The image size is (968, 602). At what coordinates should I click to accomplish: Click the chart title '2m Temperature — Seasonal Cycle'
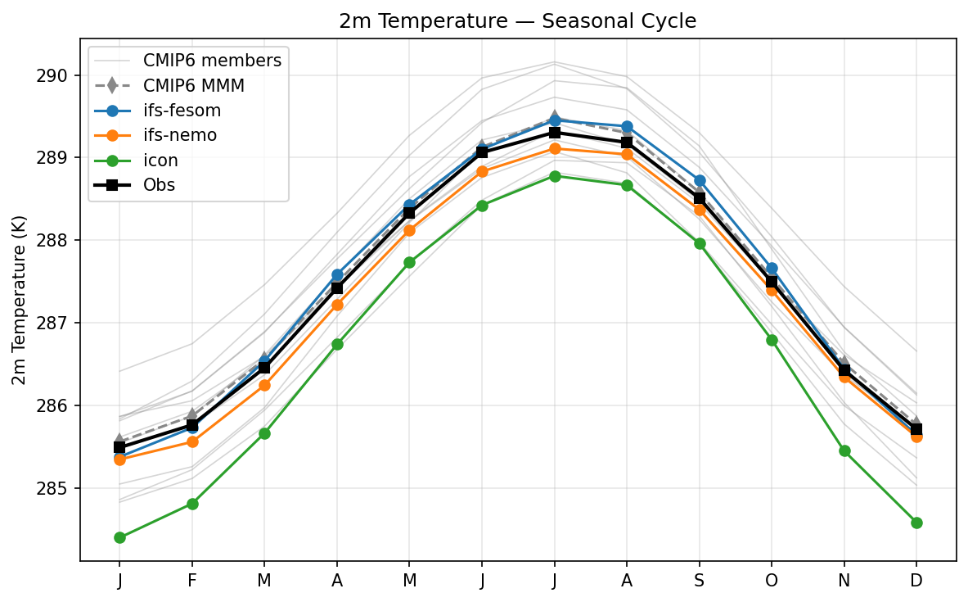(517, 21)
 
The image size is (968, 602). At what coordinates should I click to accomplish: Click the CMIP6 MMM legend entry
(193, 84)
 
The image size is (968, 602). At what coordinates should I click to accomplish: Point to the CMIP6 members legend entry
(212, 60)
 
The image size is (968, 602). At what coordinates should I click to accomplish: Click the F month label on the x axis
(192, 581)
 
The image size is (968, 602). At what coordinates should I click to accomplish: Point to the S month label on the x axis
(700, 581)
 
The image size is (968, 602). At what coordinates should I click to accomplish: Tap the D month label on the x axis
(916, 581)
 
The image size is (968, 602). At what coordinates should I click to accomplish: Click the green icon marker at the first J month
(119, 537)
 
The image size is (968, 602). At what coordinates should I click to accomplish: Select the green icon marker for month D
(916, 523)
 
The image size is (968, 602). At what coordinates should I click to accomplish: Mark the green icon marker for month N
(844, 450)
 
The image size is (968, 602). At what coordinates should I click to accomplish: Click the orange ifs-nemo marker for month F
(192, 441)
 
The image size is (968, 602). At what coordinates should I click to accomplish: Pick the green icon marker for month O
(772, 340)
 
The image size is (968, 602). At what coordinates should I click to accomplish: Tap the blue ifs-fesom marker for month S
(700, 180)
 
